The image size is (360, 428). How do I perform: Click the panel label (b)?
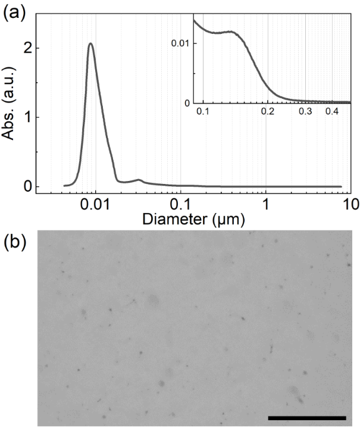pyautogui.click(x=14, y=242)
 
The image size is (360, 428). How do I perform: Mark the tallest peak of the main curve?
pyautogui.click(x=90, y=43)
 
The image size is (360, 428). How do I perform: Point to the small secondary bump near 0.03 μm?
pyautogui.click(x=138, y=179)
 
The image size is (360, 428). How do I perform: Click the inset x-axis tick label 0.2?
pyautogui.click(x=268, y=112)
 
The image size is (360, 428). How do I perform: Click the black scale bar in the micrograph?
pyautogui.click(x=307, y=417)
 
